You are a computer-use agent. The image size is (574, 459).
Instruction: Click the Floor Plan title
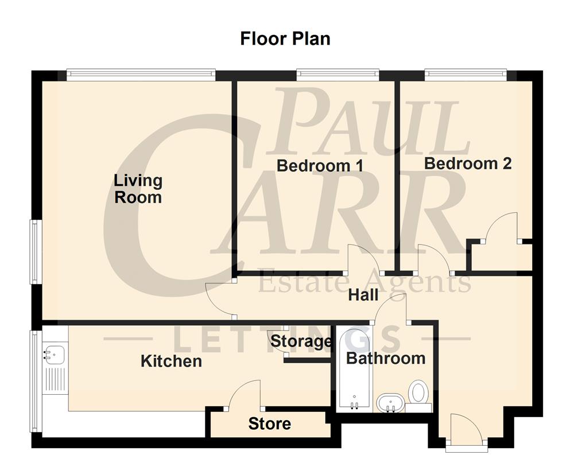point(285,39)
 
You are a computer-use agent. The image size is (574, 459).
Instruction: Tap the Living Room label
point(138,189)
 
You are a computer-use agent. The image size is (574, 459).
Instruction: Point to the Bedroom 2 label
point(467,164)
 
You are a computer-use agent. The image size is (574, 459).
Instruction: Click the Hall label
point(363,295)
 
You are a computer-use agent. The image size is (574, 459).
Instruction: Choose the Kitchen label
point(171,361)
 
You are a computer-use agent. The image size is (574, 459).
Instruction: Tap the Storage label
point(301,341)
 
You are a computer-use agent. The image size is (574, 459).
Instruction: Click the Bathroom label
point(386,359)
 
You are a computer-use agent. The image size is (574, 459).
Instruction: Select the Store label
point(269,424)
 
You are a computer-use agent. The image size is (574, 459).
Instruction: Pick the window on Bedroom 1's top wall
point(338,73)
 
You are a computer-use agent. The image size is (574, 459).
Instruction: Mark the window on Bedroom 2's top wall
point(466,73)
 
